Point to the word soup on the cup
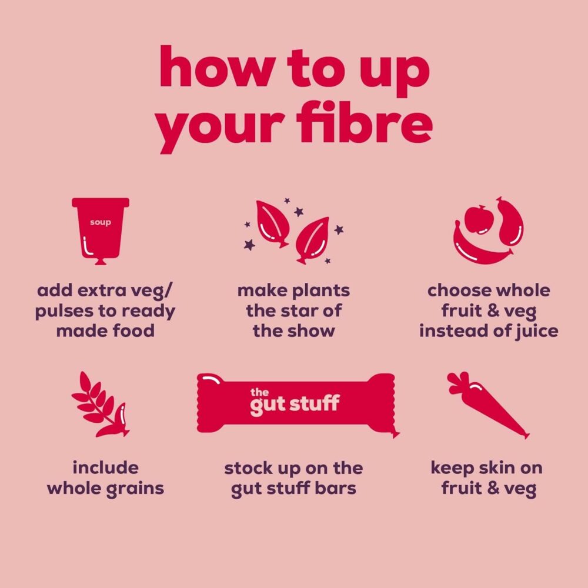pyautogui.click(x=101, y=222)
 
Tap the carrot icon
pyautogui.click(x=487, y=405)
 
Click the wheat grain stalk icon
pyautogui.click(x=100, y=405)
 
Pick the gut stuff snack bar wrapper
pyautogui.click(x=298, y=405)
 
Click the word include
pyautogui.click(x=105, y=467)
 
